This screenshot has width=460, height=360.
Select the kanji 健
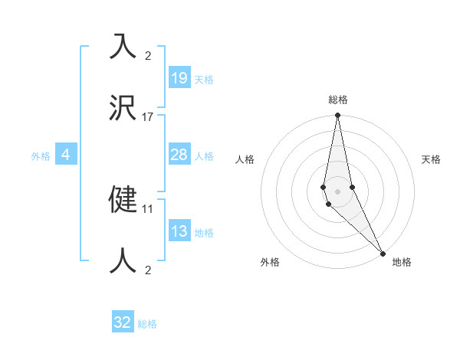coord(123,198)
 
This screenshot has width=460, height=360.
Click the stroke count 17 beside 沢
coord(148,116)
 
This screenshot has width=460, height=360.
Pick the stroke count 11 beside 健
coord(148,208)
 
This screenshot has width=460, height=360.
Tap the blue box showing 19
coord(179,77)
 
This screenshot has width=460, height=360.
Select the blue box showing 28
coord(179,155)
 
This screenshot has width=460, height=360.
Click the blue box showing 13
coord(179,232)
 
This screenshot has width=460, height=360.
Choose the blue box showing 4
coord(66,155)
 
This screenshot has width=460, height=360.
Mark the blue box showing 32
coord(123,322)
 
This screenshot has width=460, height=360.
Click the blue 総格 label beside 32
coord(147,324)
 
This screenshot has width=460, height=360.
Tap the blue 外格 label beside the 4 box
coord(41,156)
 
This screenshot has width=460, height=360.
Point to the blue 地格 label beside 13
coord(204,233)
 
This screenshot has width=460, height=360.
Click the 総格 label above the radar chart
coord(337,100)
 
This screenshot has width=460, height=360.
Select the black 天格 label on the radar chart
coord(431,159)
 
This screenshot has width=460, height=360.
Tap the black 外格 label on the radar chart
coord(270,262)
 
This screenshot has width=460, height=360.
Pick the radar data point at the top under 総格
coord(337,116)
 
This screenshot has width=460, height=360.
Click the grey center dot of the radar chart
coord(337,191)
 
